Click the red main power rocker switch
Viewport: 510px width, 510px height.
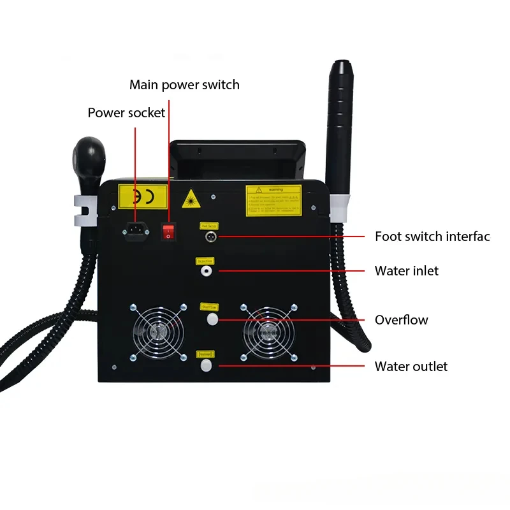168,231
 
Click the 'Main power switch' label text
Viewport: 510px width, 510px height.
184,84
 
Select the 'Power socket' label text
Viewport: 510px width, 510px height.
126,113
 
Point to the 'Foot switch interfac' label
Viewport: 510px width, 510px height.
432,237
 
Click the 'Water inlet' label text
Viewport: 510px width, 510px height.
406,271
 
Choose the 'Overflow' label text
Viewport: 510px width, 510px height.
401,320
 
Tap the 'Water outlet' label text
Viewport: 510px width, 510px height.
411,367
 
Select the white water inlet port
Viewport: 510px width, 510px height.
207,270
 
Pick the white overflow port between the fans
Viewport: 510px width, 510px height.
207,319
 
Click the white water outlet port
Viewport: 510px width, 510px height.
206,366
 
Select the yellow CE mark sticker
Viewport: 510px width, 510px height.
143,197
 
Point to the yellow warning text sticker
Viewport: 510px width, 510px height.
273,200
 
